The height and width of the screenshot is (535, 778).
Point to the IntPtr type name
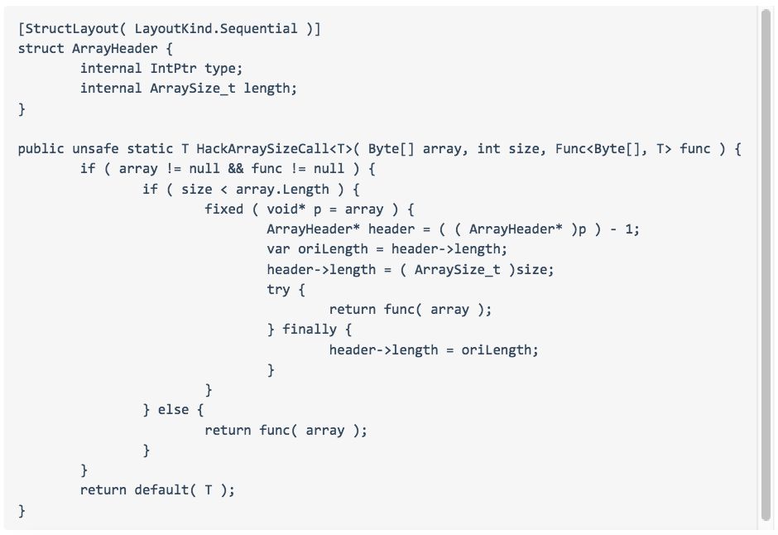[x=174, y=68]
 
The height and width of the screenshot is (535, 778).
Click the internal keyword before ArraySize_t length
[x=111, y=88]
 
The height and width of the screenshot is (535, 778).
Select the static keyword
[x=150, y=149]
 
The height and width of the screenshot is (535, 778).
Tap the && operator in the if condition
[x=235, y=169]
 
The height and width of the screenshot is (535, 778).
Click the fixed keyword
[x=224, y=209]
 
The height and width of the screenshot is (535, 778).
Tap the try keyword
[x=278, y=289]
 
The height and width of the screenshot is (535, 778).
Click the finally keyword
[x=310, y=329]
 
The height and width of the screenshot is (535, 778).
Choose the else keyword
[x=174, y=409]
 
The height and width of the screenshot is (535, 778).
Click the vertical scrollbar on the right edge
[x=766, y=265]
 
